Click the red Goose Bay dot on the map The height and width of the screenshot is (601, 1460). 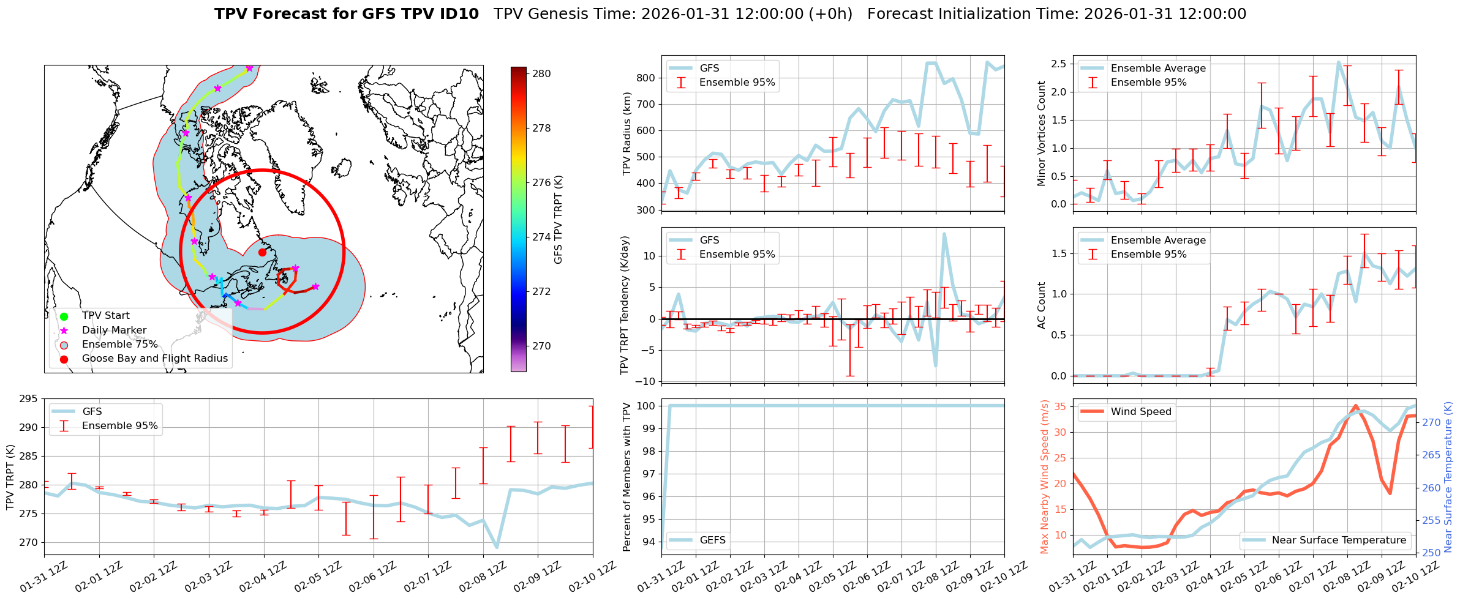(262, 252)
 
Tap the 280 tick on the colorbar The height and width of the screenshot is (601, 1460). (541, 73)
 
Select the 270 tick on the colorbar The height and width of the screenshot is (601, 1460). (541, 346)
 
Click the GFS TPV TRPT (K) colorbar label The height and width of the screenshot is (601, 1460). (558, 220)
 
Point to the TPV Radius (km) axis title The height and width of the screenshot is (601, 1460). (627, 133)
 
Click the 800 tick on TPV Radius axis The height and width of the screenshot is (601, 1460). (647, 78)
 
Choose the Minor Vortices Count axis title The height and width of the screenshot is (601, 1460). (1042, 133)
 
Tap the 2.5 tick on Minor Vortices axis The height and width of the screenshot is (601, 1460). (1058, 64)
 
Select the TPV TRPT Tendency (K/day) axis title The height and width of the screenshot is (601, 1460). (624, 305)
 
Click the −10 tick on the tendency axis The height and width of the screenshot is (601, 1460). (644, 381)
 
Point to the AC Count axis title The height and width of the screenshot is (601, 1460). (1042, 305)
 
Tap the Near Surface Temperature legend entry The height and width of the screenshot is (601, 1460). (1339, 540)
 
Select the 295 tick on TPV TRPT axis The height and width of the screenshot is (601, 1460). (29, 398)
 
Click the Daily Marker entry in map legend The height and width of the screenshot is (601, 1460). (114, 330)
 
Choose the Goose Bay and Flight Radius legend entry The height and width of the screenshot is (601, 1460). (154, 358)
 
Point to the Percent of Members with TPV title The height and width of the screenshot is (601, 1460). (627, 477)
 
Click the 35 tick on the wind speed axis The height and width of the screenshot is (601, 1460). (1059, 406)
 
